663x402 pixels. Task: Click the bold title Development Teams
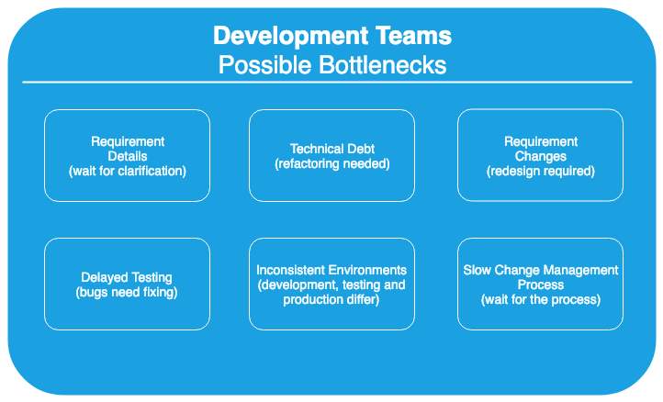[x=332, y=37]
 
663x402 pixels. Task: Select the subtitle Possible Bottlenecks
[x=332, y=64]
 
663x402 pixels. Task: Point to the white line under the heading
[x=327, y=82]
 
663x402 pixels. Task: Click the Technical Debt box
[x=331, y=155]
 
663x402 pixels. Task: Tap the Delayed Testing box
[x=128, y=285]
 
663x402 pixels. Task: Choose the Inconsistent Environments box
[x=331, y=285]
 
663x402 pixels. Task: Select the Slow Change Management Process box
[x=540, y=285]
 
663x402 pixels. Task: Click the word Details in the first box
[x=128, y=156]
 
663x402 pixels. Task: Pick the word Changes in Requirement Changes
[x=540, y=156]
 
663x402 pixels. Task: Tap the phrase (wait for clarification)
[x=128, y=171]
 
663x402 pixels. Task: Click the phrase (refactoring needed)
[x=332, y=163]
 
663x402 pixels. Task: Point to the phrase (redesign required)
[x=540, y=171]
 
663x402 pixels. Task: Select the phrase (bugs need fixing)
[x=127, y=292]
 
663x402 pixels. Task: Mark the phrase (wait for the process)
[x=541, y=299]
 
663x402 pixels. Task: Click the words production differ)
[x=331, y=299]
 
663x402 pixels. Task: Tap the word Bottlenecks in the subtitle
[x=382, y=64]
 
